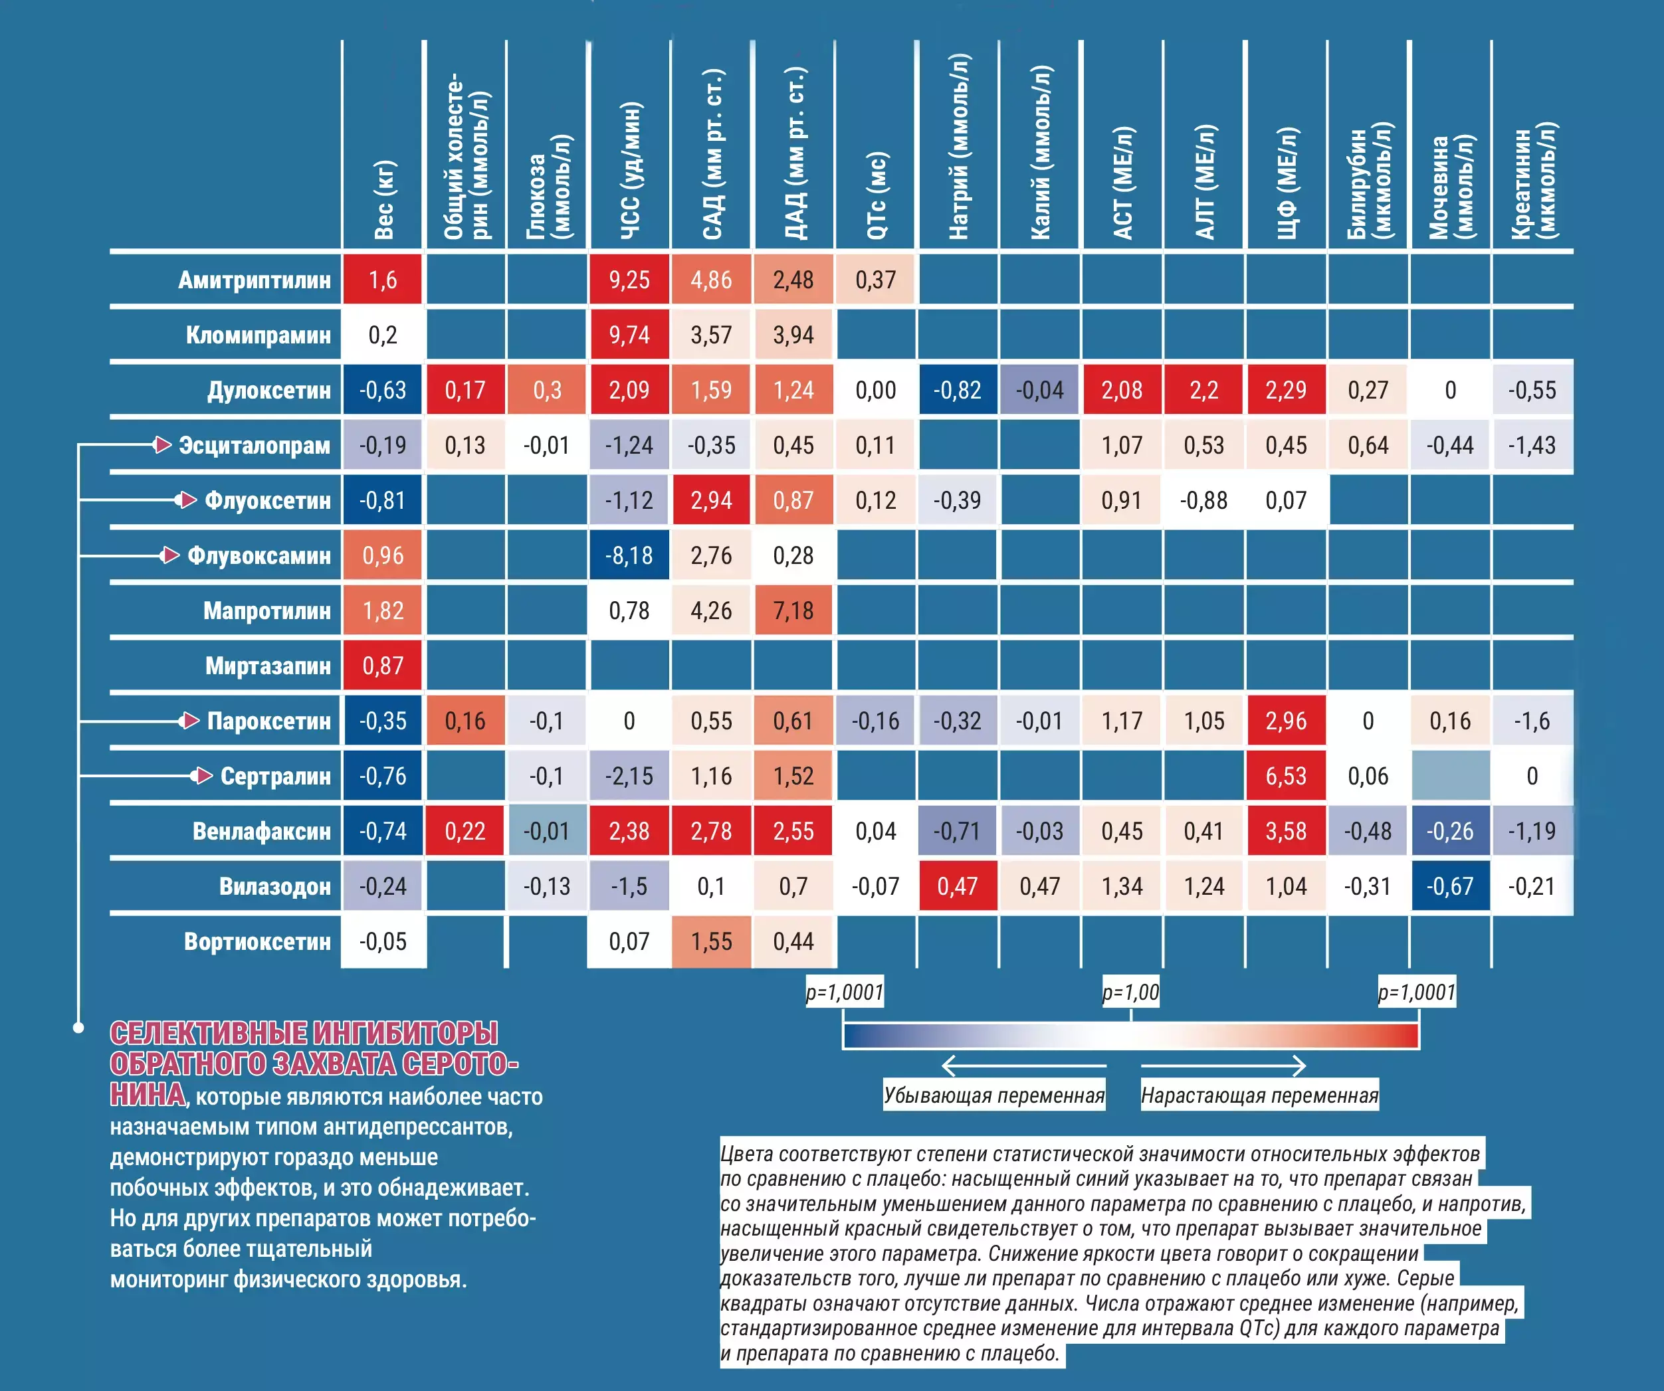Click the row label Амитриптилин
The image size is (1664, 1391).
[x=254, y=280]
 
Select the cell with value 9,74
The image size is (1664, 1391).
[x=629, y=335]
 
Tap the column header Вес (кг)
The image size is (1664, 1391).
[x=383, y=198]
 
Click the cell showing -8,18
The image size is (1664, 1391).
[x=629, y=555]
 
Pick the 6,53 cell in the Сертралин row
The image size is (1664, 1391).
[x=1285, y=775]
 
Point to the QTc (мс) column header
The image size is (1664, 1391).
[x=877, y=194]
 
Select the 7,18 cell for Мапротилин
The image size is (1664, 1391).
[x=793, y=610]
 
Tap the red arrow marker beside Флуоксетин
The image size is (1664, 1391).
[x=186, y=500]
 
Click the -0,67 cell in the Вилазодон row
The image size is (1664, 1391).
[x=1450, y=885]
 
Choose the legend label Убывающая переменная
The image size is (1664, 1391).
[x=993, y=1095]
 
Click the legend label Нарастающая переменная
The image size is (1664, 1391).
[x=1259, y=1095]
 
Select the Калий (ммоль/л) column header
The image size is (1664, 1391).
[x=1041, y=151]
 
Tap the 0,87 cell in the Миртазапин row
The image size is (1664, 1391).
[x=383, y=666]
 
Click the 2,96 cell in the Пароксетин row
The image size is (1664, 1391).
[x=1285, y=721]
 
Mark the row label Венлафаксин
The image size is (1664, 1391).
[x=260, y=831]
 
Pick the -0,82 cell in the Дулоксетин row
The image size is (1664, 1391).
[x=957, y=390]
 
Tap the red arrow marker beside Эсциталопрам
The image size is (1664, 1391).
[x=161, y=444]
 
